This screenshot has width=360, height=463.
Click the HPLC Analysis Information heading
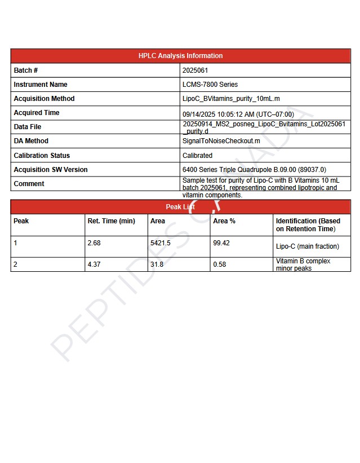coord(180,56)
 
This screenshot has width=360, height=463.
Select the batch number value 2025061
coord(195,70)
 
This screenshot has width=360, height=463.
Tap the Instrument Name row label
coord(40,85)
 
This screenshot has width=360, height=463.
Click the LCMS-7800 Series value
coord(210,85)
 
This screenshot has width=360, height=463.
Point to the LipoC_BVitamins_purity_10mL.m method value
coord(231,99)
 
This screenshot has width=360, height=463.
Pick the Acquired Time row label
coord(37,113)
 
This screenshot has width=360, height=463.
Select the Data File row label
coord(28,127)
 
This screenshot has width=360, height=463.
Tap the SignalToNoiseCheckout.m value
coord(221,141)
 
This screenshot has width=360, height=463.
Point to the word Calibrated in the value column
coord(198,155)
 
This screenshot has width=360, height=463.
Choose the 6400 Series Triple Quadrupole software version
coord(254,169)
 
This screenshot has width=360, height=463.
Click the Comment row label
coord(29,183)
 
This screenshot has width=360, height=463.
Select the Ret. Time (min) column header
coord(112,221)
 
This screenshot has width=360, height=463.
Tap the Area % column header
coord(224,221)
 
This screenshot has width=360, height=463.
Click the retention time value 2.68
coord(94,242)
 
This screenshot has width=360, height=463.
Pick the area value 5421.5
coord(161,242)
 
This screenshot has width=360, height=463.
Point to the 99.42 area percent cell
coord(222,242)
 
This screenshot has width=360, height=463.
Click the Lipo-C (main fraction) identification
coord(308,246)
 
